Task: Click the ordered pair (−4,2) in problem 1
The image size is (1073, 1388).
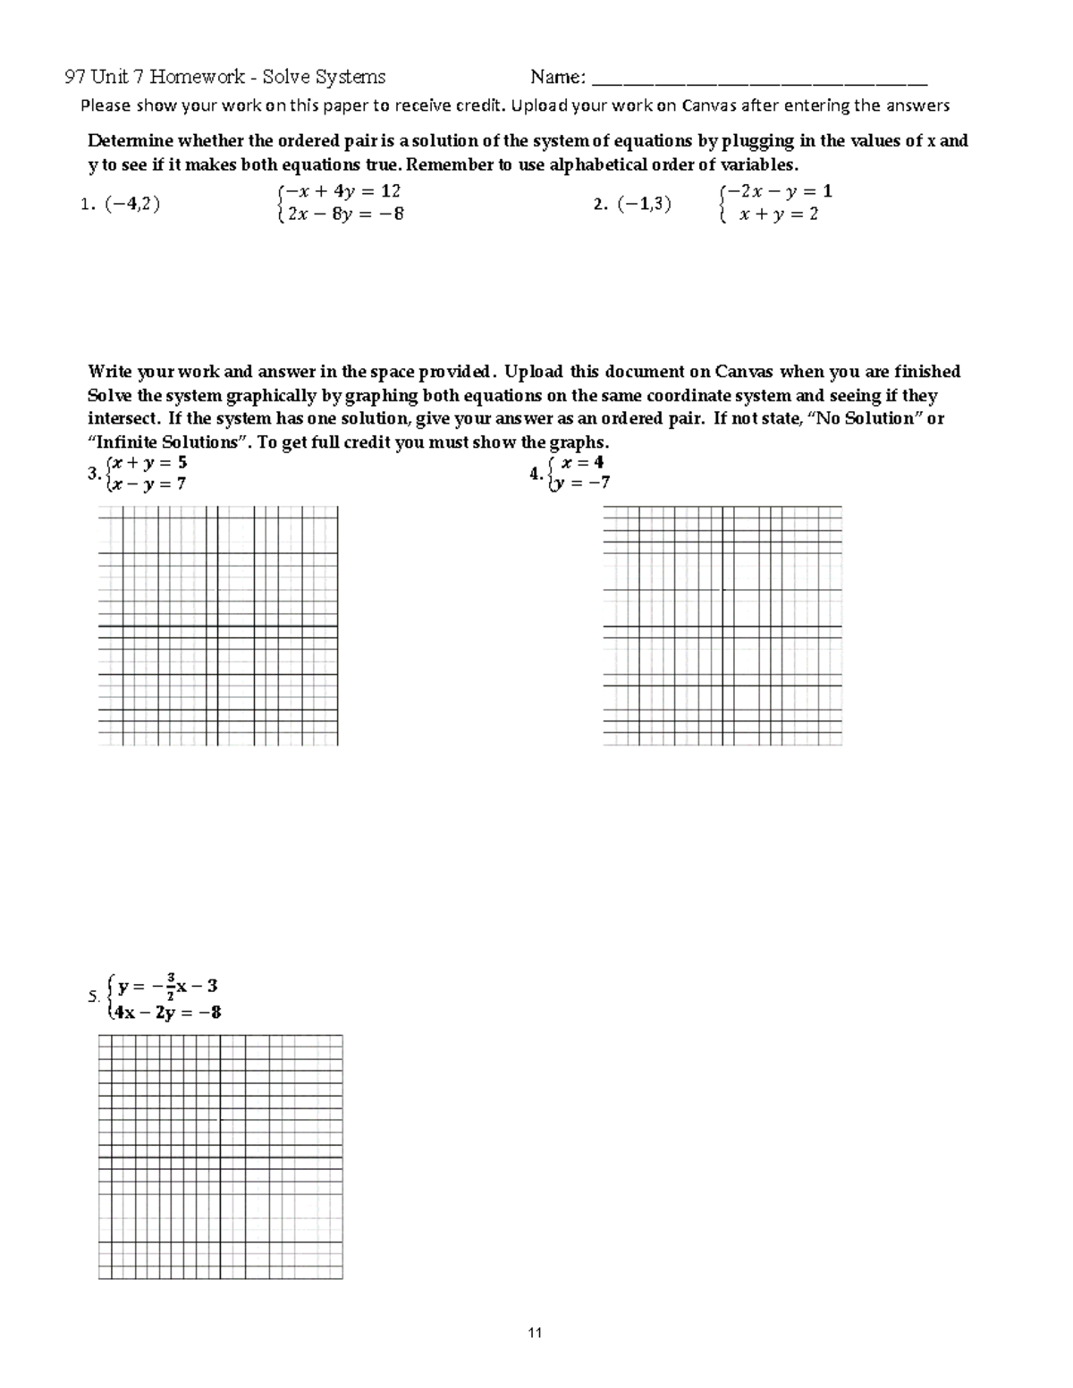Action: coord(131,204)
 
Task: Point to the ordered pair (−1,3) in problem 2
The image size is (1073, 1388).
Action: coord(642,204)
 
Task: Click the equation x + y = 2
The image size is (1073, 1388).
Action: coord(778,215)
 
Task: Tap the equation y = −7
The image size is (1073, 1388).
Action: coord(583,483)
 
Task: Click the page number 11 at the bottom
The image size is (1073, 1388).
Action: coord(535,1333)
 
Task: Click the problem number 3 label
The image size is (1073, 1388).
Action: coord(93,475)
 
